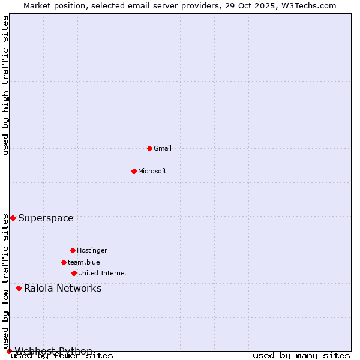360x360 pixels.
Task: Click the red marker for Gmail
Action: pos(149,148)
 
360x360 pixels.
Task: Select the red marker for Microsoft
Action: pos(134,171)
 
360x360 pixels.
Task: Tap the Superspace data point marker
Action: pos(13,218)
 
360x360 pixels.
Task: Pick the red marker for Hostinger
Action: pos(73,250)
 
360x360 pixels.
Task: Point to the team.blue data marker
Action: pos(64,262)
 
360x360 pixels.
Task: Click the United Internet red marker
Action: pos(74,273)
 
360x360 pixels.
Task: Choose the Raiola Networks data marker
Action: pos(19,288)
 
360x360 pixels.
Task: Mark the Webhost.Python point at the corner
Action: pos(9,351)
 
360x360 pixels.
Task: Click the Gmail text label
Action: pos(163,148)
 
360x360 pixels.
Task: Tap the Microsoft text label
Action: pos(152,171)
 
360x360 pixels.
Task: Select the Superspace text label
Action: pos(46,218)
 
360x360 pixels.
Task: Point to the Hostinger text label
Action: pos(92,250)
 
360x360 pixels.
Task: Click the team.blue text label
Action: pos(84,262)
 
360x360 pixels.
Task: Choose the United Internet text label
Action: pos(103,273)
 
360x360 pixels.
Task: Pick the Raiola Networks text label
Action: pos(62,288)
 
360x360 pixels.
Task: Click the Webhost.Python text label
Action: pos(53,351)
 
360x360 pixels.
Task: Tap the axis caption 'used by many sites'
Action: pos(301,356)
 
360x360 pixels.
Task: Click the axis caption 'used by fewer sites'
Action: pos(62,356)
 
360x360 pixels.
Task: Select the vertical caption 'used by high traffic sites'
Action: pos(5,85)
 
